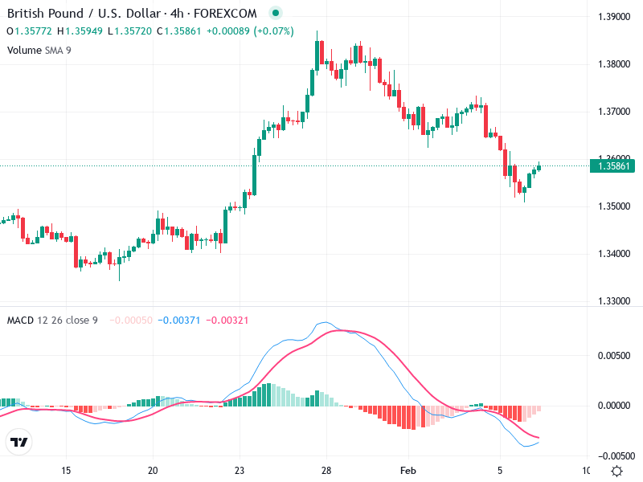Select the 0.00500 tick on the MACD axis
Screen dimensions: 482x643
(613, 355)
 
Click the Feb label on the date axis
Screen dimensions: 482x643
(409, 470)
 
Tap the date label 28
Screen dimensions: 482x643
(326, 470)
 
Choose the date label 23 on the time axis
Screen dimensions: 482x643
(240, 470)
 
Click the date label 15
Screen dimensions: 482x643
(66, 470)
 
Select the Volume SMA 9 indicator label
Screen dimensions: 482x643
(39, 50)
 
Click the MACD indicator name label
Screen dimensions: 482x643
(20, 320)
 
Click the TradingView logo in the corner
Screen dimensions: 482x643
(19, 442)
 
